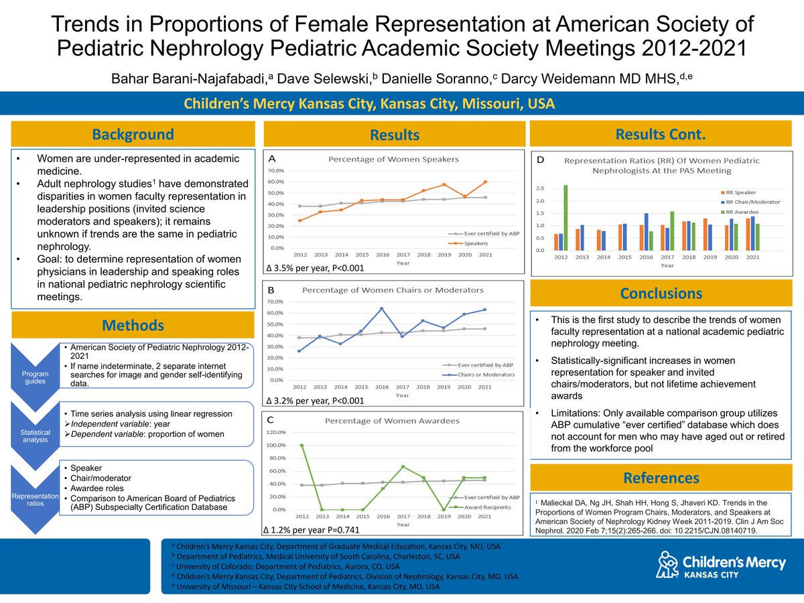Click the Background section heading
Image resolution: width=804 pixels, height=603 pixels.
pos(133,134)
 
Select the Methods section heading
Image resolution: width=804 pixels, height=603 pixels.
pos(133,326)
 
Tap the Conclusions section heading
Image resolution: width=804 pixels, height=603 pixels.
pos(661,293)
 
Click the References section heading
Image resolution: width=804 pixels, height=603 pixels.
pos(661,478)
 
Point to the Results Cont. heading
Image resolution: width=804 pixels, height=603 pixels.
pos(661,135)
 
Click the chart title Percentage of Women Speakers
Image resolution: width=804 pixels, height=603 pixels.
pos(393,159)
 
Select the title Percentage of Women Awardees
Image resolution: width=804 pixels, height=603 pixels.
pos(392,421)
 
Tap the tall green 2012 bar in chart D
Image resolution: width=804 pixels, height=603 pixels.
pos(565,217)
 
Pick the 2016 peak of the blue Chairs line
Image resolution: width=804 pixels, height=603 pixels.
pos(381,309)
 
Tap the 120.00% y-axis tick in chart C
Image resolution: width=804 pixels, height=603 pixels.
pos(276,433)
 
